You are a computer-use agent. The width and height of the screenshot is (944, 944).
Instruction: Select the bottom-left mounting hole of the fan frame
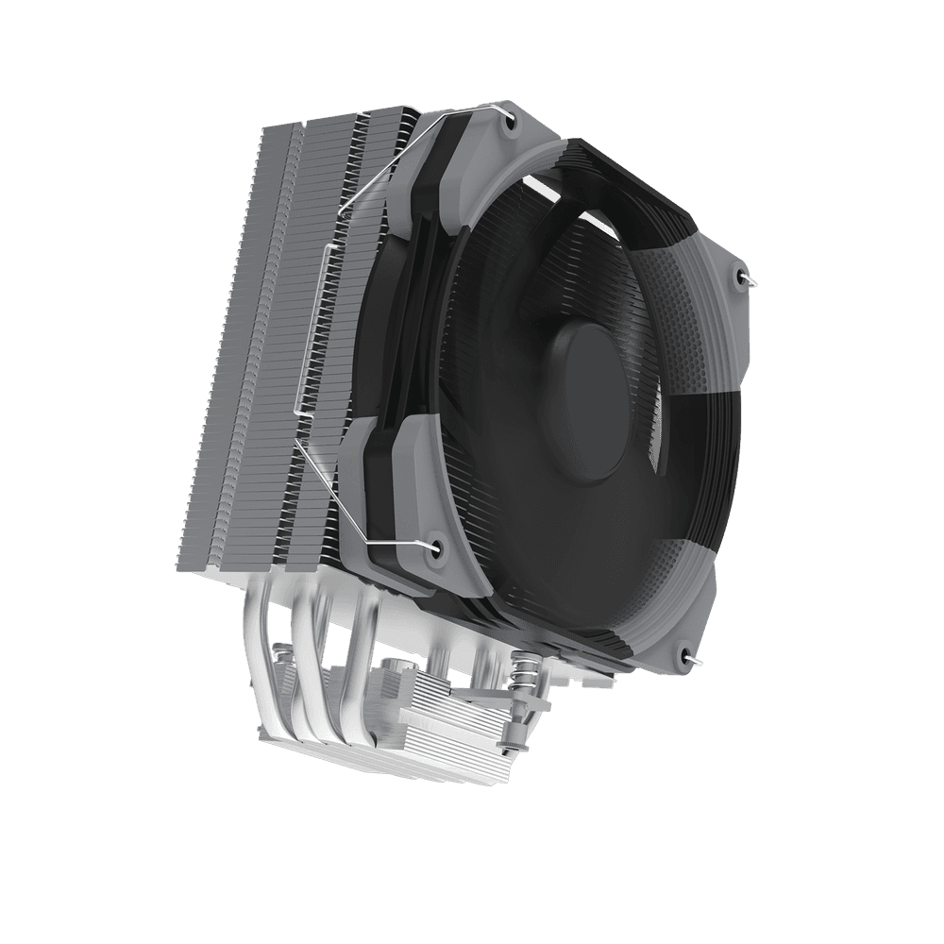435,546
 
